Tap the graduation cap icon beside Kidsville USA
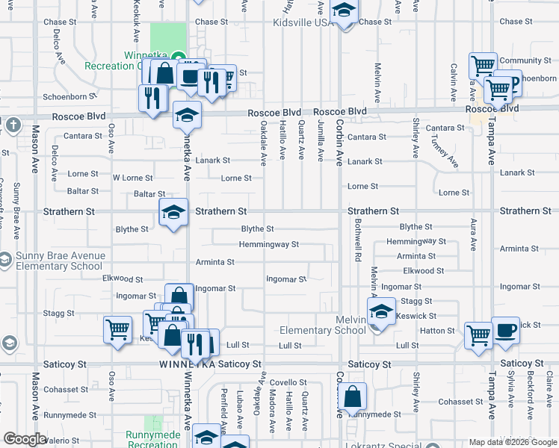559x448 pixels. click(344, 12)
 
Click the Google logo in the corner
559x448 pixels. click(24, 439)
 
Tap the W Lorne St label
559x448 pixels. click(132, 178)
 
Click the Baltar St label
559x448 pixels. click(149, 193)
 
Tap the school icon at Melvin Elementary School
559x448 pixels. click(381, 311)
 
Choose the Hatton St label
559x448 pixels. click(438, 330)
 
